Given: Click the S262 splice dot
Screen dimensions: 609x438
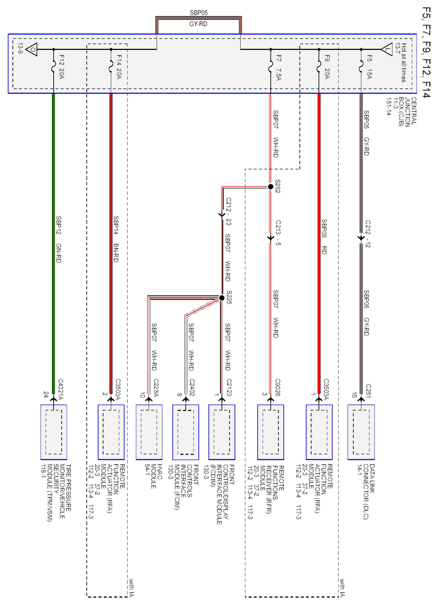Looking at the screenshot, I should [271, 187].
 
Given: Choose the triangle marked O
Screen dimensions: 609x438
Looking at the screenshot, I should [32, 49].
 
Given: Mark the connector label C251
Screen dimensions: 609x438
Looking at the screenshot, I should [368, 391].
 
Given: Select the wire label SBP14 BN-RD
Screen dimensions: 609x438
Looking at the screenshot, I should [116, 239].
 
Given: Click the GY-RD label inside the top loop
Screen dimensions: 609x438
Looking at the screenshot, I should [198, 24].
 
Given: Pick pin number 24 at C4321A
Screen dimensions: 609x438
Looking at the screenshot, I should [46, 395].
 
